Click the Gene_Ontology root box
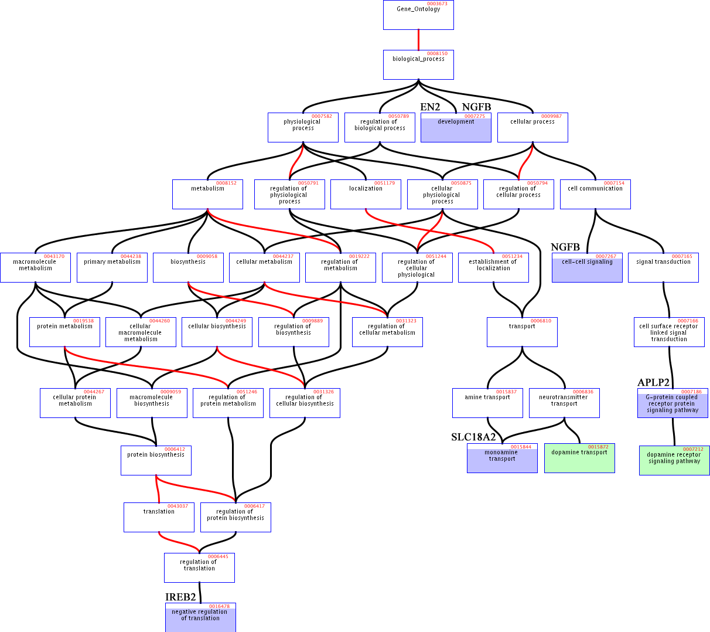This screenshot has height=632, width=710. pyautogui.click(x=418, y=15)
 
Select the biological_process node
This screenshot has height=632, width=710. pyautogui.click(x=418, y=65)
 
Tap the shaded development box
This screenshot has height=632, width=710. pyautogui.click(x=456, y=127)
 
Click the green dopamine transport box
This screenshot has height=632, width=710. pyautogui.click(x=579, y=458)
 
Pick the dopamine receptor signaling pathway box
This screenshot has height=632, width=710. pyautogui.click(x=674, y=460)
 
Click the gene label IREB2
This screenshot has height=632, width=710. pyautogui.click(x=180, y=597)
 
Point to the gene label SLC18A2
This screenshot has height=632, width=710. pyautogui.click(x=473, y=437)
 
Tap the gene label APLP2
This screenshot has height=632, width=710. pyautogui.click(x=653, y=382)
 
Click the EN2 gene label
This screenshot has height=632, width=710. pyautogui.click(x=430, y=107)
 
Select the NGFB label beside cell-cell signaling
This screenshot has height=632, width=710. pyautogui.click(x=565, y=247)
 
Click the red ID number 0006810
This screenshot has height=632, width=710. pyautogui.click(x=541, y=321)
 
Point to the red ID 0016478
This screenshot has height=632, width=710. pyautogui.click(x=219, y=606)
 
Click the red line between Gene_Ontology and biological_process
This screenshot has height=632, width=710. pyautogui.click(x=418, y=40)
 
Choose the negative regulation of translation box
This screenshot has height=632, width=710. pyautogui.click(x=200, y=617)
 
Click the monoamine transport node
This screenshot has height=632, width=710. pyautogui.click(x=502, y=458)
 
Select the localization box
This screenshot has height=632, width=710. pyautogui.click(x=366, y=194)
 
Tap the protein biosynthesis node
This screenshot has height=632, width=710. pyautogui.click(x=156, y=460)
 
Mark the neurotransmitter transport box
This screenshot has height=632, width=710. pyautogui.click(x=564, y=403)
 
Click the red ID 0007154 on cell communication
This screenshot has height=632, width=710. pyautogui.click(x=614, y=183)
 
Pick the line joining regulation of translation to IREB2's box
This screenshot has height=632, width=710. pyautogui.click(x=200, y=593)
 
